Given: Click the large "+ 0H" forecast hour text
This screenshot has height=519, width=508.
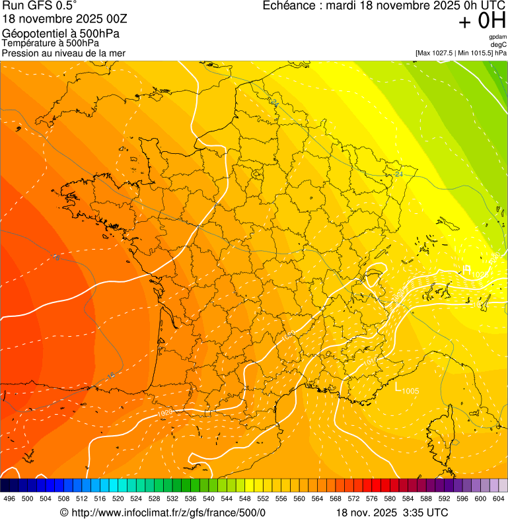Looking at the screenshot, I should (x=482, y=21).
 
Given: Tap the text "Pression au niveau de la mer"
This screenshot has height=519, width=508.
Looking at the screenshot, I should (x=63, y=53).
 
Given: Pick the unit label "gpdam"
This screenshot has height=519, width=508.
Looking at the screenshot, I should (x=497, y=37).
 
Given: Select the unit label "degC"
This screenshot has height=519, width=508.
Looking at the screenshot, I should (x=499, y=45).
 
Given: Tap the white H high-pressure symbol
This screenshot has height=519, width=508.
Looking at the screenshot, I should (x=466, y=269).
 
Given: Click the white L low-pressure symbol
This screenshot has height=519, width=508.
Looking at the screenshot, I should (x=398, y=388).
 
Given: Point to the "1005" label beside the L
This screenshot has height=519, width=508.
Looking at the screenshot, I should (x=410, y=391).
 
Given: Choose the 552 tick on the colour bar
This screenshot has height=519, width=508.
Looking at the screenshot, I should (x=264, y=499).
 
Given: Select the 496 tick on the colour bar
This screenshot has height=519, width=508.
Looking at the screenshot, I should (x=9, y=499).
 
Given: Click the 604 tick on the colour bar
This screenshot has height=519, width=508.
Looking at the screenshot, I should (x=499, y=499).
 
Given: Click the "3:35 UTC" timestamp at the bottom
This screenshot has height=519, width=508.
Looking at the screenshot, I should (x=424, y=512).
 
